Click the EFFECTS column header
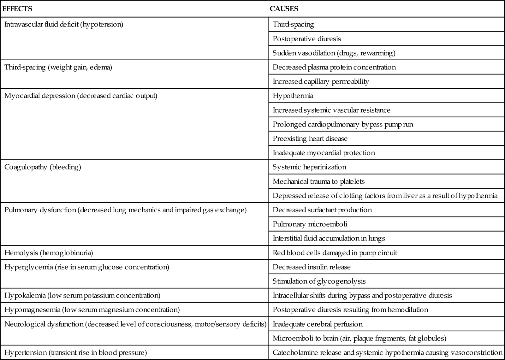click(17, 9)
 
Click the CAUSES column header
click(284, 9)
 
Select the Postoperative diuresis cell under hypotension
click(306, 39)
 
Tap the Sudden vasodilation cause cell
click(334, 53)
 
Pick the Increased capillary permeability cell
click(321, 81)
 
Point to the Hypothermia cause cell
click(293, 96)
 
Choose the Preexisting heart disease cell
click(310, 139)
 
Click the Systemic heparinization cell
click(309, 167)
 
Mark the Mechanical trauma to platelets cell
click(318, 181)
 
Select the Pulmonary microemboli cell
click(310, 224)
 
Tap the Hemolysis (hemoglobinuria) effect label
click(49, 253)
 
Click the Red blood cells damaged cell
click(335, 253)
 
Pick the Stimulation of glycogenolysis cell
click(319, 281)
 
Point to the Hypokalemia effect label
click(82, 295)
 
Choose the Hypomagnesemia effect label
click(92, 310)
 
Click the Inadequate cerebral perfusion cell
click(318, 324)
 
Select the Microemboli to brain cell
click(359, 338)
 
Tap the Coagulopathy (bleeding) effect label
click(43, 167)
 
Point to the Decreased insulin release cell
click(312, 267)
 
